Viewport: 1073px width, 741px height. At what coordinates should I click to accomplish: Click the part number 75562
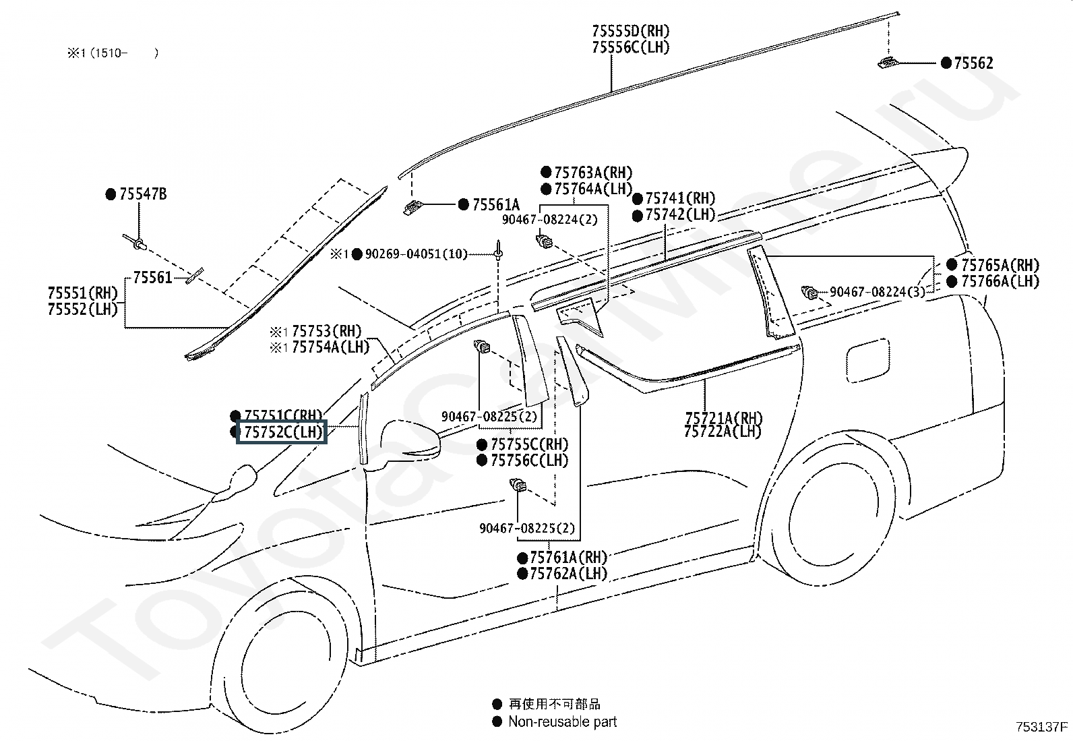tap(973, 63)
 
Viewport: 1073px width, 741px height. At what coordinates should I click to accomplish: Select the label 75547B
tap(143, 195)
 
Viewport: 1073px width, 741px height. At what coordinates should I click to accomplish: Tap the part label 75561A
tap(496, 205)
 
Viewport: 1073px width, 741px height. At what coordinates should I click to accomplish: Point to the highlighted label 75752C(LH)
tap(282, 432)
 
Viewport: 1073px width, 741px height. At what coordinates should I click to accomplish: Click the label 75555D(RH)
tap(631, 31)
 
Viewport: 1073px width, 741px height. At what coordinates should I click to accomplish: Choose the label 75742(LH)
tap(680, 214)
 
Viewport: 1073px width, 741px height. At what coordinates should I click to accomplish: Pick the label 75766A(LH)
tap(1000, 281)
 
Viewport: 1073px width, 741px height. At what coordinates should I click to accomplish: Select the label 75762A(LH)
tap(568, 574)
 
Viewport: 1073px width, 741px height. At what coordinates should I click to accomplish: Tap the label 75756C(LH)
tap(529, 461)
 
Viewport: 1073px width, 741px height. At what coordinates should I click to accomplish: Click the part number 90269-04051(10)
tap(416, 254)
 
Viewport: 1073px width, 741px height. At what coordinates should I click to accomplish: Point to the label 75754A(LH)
tap(330, 348)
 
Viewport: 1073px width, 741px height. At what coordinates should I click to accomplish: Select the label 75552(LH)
tap(83, 309)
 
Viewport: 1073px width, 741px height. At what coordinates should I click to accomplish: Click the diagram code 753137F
tap(1042, 727)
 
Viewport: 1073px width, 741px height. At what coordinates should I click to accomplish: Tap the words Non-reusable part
tap(562, 722)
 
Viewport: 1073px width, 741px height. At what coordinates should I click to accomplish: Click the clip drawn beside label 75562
tap(887, 63)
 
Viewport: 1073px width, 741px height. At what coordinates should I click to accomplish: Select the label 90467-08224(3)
tap(877, 292)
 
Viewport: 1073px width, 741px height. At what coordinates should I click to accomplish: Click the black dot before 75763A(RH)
tap(546, 173)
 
